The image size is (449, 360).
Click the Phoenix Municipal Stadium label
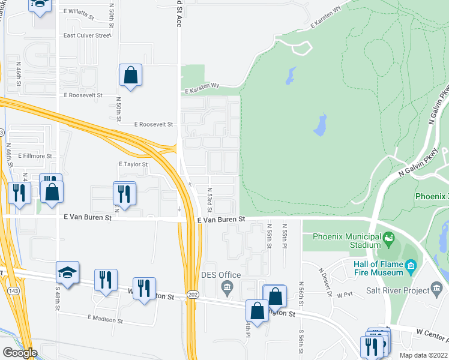[x=348, y=241]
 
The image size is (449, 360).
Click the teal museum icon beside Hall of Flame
[x=411, y=265]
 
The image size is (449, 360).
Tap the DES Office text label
[x=221, y=275]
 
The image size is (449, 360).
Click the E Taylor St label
[x=133, y=164]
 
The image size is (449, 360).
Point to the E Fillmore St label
[x=35, y=155]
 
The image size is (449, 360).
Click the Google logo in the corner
[x=19, y=353]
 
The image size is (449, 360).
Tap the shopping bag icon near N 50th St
[x=130, y=75]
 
